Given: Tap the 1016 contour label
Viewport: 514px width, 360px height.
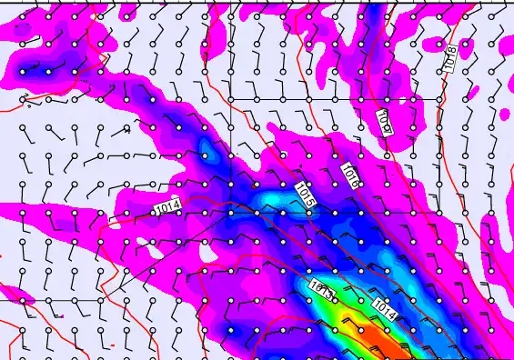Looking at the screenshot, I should pyautogui.click(x=351, y=175).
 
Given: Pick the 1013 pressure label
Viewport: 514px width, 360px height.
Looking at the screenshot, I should pyautogui.click(x=321, y=291).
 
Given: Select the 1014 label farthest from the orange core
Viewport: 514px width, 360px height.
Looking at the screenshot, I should pyautogui.click(x=167, y=208).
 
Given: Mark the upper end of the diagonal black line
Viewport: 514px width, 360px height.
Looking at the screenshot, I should pyautogui.click(x=229, y=212).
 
